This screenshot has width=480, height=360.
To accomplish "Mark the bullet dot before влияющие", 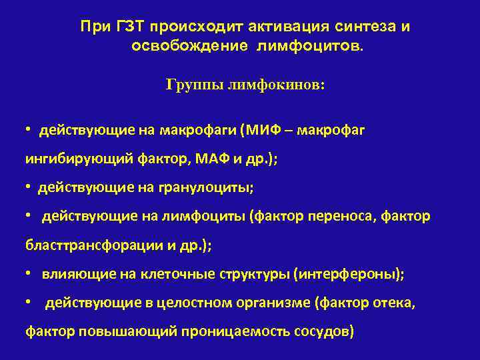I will (x=29, y=273).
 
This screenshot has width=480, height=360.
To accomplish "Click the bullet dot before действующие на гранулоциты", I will (x=29, y=188).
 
